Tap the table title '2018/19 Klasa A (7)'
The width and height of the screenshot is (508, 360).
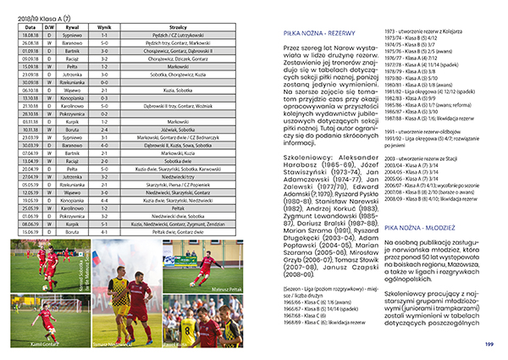39,15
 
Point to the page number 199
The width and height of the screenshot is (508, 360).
489,343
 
